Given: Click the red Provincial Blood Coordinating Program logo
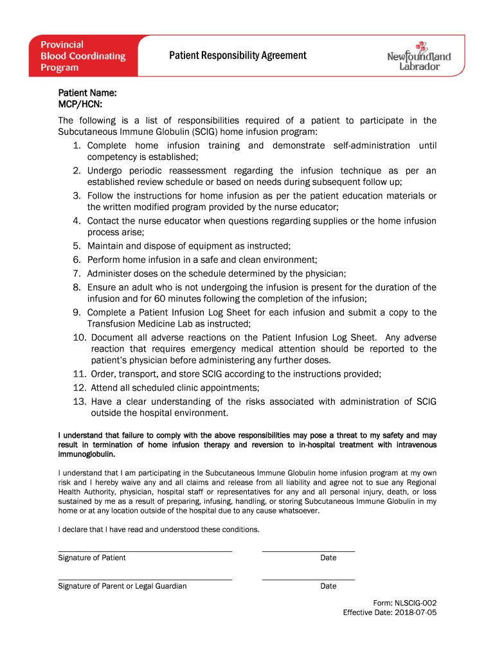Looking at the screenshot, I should tap(82, 56).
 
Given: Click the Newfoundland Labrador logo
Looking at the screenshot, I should tap(419, 57).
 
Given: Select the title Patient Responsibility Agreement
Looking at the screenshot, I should tap(238, 55).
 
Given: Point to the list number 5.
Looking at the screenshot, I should tap(76, 245).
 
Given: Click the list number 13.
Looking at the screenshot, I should tap(79, 402).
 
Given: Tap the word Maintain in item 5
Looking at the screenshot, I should tap(107, 245).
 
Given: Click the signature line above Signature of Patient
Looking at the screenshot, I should tap(145, 551).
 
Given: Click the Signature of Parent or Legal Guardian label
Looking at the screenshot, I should tap(122, 586).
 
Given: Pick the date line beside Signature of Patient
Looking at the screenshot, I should tap(309, 551).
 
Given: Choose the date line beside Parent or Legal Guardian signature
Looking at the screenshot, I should tap(309, 580).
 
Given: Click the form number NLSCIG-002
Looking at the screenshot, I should tap(415, 603).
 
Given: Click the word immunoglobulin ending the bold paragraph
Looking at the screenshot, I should tap(87, 454).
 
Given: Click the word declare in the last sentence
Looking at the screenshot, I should tap(75, 529).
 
